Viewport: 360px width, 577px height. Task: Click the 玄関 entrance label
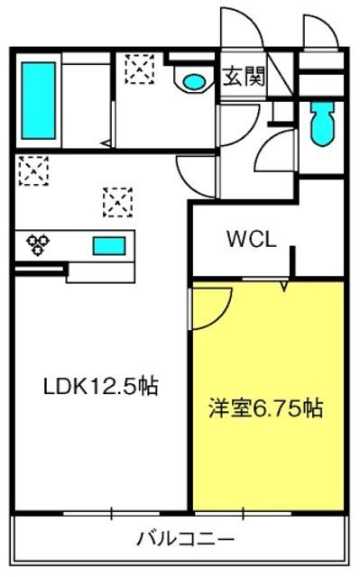pos(244,77)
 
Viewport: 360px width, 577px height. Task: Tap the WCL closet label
pos(252,239)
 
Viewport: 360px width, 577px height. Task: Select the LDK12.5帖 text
pos(101,387)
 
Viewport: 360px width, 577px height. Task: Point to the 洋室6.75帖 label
pos(266,408)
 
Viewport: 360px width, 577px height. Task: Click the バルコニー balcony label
pos(186,539)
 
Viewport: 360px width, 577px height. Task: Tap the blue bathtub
pos(38,100)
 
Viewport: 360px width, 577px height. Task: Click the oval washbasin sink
pos(194,81)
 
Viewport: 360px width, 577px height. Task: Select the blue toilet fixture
pos(323,124)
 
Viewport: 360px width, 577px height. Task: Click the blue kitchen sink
pos(109,246)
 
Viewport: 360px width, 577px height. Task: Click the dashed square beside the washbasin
pos(140,69)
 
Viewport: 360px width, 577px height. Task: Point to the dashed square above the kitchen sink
pos(118,202)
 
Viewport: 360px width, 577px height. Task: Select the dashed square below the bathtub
pos(34,170)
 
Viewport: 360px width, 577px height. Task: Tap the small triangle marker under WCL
pos(284,287)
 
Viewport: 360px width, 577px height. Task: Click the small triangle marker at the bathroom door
pos(106,143)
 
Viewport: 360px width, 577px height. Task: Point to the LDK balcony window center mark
pos(112,514)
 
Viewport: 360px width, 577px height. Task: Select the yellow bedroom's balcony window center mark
pos(243,514)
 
